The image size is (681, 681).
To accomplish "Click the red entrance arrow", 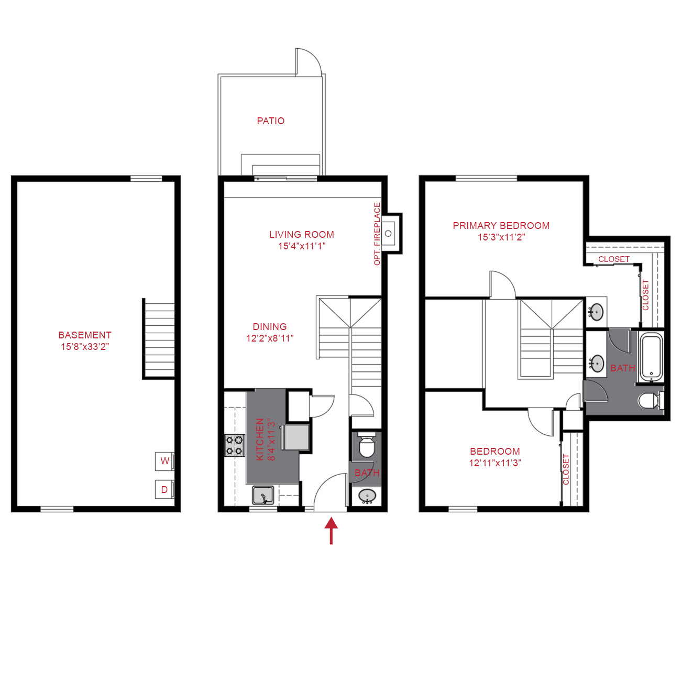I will (x=331, y=530).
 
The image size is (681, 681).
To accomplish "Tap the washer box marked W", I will (x=164, y=461).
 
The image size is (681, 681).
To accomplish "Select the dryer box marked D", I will (x=164, y=489).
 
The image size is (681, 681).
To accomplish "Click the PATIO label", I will (x=270, y=121).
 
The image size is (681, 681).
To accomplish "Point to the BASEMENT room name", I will (x=85, y=335).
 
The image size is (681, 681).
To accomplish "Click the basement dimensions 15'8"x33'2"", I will (x=85, y=347).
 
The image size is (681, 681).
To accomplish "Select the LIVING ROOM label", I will (x=301, y=235).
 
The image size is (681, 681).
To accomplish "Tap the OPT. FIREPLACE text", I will (x=377, y=234).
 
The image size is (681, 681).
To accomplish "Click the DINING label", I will (x=269, y=326).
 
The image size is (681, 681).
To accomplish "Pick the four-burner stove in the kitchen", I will (x=234, y=445).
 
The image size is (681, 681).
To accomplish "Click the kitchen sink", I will (x=263, y=495).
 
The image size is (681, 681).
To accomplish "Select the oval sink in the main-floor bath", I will (x=367, y=496).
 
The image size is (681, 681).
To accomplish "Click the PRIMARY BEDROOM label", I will (x=501, y=226).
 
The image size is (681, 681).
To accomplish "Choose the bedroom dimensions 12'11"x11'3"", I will (x=495, y=463).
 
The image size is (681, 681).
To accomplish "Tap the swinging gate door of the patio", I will (x=309, y=62).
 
